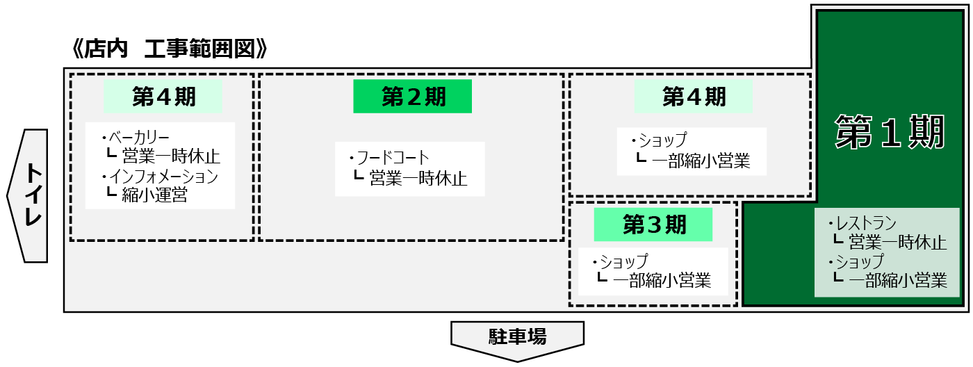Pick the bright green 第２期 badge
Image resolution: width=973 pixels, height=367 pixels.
(413, 97)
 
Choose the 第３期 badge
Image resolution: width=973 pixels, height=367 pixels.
(653, 225)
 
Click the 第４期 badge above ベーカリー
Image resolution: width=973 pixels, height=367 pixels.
(163, 97)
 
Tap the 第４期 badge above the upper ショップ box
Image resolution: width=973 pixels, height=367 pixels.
(693, 97)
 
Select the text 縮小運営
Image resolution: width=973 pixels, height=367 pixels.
(154, 195)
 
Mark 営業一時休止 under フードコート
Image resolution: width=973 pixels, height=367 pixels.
(418, 179)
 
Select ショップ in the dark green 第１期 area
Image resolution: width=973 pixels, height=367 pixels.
(859, 262)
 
